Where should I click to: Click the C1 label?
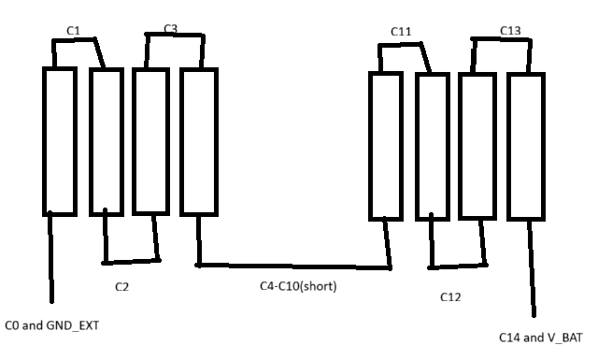[x=74, y=31]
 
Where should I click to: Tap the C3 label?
[x=170, y=29]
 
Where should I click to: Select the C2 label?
[x=121, y=286]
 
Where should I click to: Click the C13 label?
[x=510, y=31]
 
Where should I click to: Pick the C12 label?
[x=451, y=297]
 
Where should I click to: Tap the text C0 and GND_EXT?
[x=52, y=325]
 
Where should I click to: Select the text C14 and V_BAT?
[x=542, y=338]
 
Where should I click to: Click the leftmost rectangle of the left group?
[x=58, y=141]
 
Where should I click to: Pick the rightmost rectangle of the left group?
[x=198, y=141]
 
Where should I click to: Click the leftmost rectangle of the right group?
[x=385, y=144]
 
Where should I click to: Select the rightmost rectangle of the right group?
[x=525, y=144]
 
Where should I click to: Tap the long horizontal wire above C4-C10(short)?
[x=294, y=266]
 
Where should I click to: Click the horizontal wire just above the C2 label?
[x=131, y=261]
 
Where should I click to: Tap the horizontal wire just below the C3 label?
[x=173, y=36]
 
